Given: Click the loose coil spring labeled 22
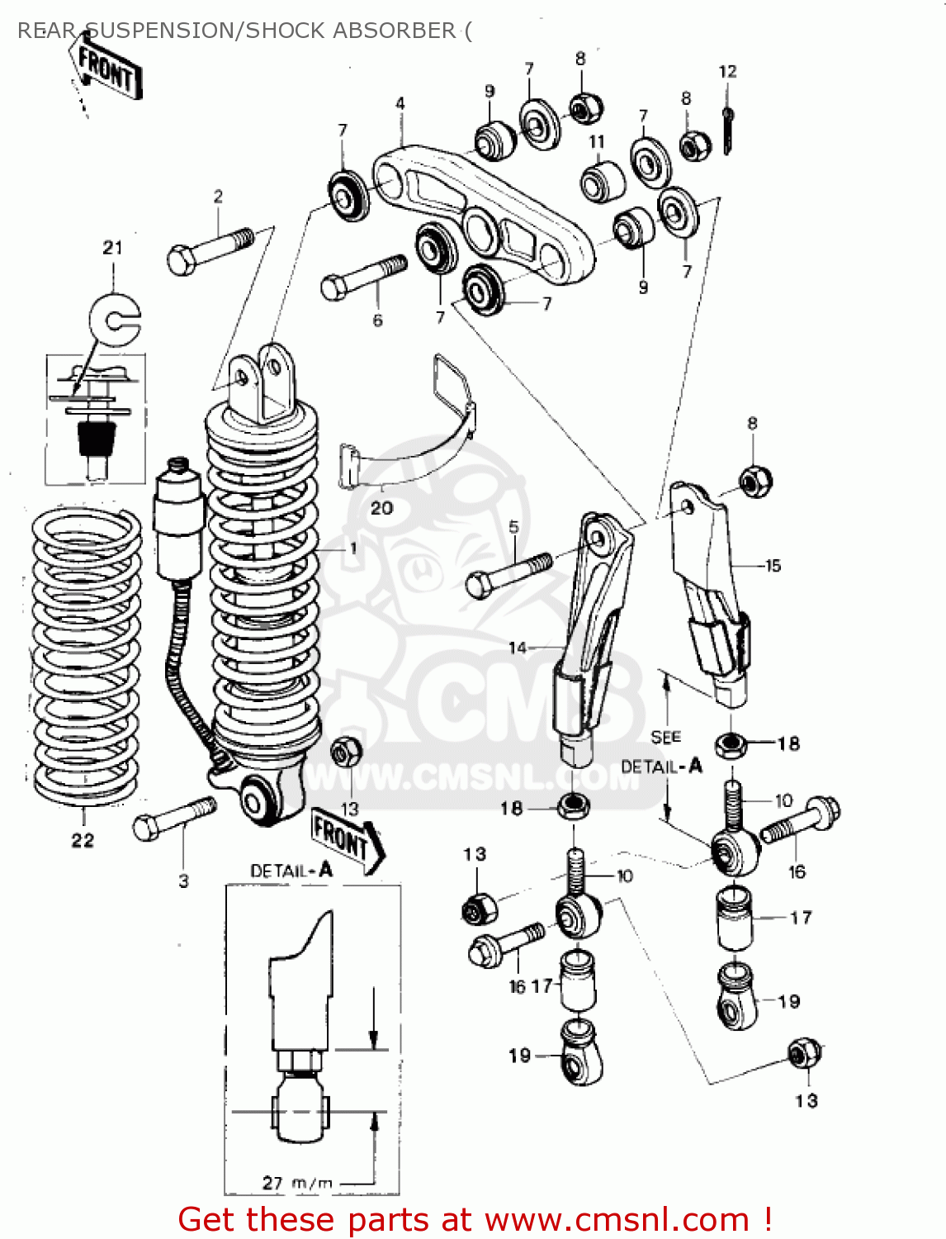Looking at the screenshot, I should (85, 657).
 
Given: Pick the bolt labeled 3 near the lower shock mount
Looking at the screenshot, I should (174, 817).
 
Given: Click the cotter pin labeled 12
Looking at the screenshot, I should (727, 130).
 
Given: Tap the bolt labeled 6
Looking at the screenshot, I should (362, 277).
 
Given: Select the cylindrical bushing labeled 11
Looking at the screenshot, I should (603, 181).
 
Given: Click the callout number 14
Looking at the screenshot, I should (518, 648).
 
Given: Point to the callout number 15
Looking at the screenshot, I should (773, 566).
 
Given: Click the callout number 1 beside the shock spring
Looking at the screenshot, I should (353, 548).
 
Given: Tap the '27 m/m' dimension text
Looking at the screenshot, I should (297, 1183).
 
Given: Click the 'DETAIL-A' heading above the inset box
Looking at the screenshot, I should (291, 871).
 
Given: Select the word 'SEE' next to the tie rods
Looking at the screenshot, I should (665, 737).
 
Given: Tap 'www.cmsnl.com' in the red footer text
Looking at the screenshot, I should (616, 1219).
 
